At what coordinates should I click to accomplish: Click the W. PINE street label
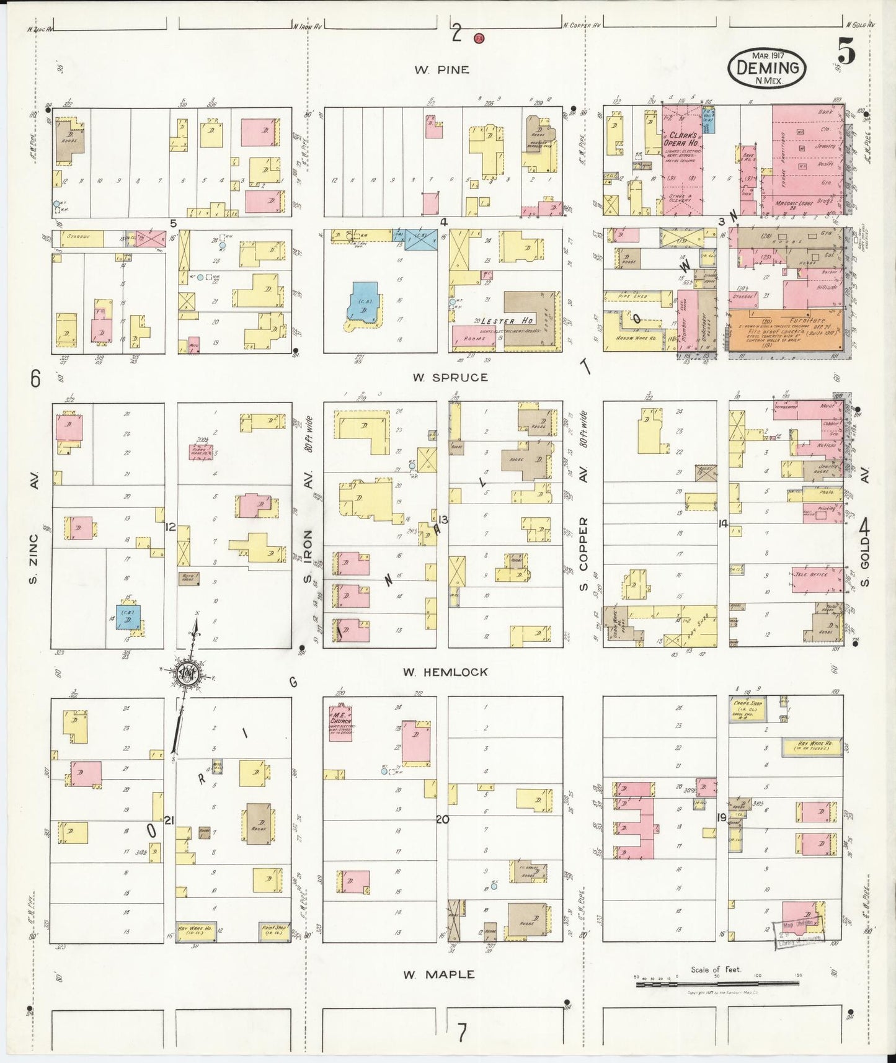[x=441, y=70]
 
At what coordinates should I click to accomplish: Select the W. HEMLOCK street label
[x=445, y=672]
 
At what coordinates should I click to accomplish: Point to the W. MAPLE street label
[x=438, y=974]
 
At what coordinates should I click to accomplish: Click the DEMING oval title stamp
[x=767, y=68]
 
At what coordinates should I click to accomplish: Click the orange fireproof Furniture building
[x=784, y=331]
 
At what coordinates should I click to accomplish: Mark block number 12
[x=171, y=527]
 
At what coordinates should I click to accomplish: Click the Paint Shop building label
[x=273, y=930]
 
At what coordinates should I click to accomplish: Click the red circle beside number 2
[x=479, y=38]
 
